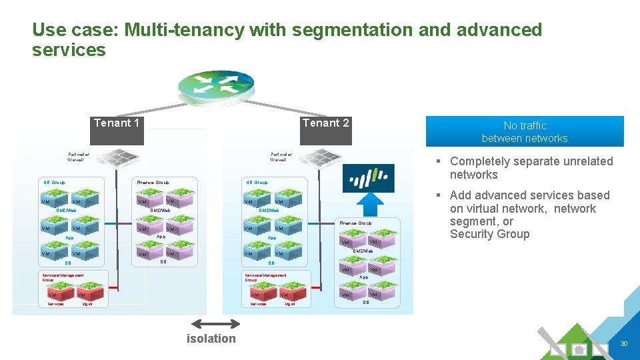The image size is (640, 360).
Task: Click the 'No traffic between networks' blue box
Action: click(x=525, y=132)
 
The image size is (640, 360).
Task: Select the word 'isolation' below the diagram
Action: click(x=211, y=339)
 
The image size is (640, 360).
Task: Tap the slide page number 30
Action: click(x=624, y=343)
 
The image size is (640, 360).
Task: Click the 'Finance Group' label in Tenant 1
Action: click(x=153, y=182)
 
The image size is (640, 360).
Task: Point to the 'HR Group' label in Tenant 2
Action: click(x=257, y=182)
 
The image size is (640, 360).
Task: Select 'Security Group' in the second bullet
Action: click(x=489, y=234)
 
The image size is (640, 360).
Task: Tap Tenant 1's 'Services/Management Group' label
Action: click(x=63, y=277)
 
